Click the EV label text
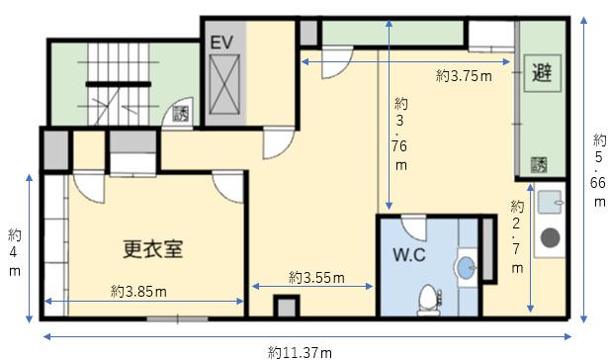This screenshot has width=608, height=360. point(221,43)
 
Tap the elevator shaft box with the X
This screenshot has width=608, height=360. point(224,85)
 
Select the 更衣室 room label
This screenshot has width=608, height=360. point(153,249)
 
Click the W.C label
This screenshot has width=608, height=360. point(409,255)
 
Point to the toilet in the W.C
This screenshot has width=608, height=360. point(429,300)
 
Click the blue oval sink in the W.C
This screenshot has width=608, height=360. point(467,268)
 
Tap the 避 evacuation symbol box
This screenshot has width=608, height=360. point(543,73)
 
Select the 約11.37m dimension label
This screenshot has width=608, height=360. point(300,353)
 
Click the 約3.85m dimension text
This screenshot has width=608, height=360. point(138,292)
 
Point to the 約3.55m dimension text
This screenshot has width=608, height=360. point(316,277)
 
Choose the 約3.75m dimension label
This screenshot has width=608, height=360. point(464,75)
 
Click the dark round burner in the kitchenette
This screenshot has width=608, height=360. point(551,237)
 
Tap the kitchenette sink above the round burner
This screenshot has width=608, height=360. point(550,202)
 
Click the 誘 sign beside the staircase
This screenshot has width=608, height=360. point(180,114)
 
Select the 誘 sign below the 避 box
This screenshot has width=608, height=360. point(539,165)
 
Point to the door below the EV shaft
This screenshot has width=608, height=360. point(278,142)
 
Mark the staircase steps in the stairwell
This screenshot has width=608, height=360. point(119,84)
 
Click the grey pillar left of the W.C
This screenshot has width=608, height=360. point(286,307)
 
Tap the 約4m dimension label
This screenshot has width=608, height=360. point(15,252)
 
